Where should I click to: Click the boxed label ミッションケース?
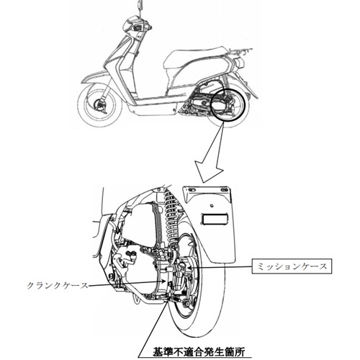pyautogui.click(x=292, y=266)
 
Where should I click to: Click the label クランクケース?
pyautogui.click(x=58, y=286)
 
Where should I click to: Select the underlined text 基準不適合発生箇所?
pyautogui.click(x=199, y=352)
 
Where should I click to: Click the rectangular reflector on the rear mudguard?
pyautogui.click(x=214, y=220)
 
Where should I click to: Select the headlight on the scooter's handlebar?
pyautogui.click(x=130, y=26)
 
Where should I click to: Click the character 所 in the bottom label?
pyautogui.click(x=240, y=352)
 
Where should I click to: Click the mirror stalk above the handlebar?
pyautogui.click(x=139, y=9)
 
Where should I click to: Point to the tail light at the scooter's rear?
pyautogui.click(x=239, y=63)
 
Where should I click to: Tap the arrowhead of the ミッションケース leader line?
pyautogui.click(x=189, y=266)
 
